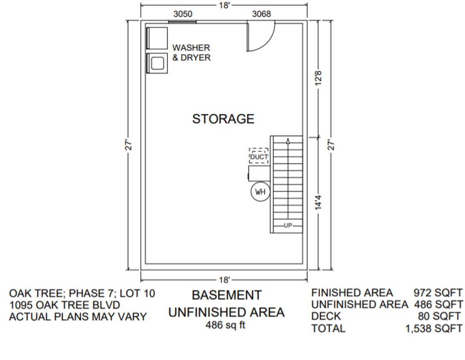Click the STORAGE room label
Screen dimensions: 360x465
point(223,119)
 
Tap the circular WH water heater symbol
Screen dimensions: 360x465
point(260,192)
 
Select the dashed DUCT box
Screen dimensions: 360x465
point(259,156)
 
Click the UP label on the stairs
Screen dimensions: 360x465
point(288,226)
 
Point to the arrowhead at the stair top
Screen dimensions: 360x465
point(288,140)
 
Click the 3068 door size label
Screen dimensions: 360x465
point(261,14)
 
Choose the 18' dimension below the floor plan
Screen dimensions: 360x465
point(224,280)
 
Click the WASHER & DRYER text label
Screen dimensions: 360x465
point(191,52)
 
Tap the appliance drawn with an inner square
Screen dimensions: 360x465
point(157,63)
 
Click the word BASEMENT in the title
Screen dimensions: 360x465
point(226,295)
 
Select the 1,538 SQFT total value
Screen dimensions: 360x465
point(433,328)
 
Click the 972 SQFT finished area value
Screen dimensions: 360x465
point(438,293)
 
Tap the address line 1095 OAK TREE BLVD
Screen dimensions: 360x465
point(64,305)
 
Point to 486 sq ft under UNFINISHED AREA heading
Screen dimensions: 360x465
point(226,325)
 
